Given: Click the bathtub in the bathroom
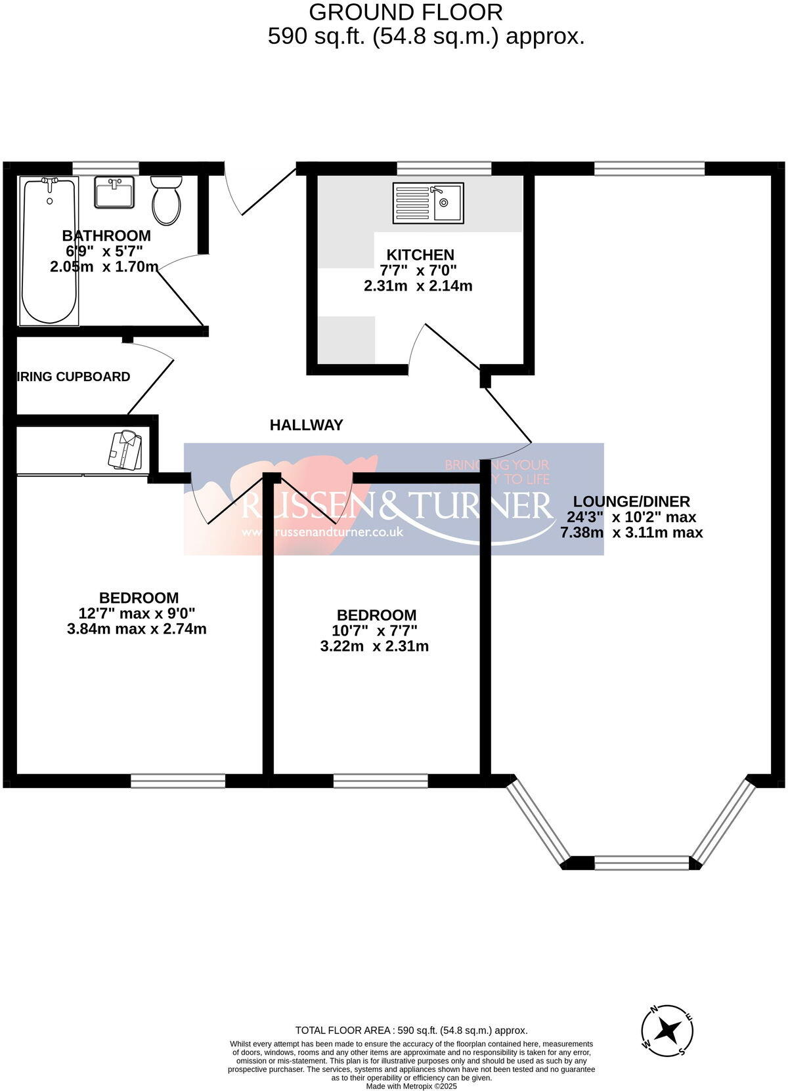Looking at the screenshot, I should pos(50,251).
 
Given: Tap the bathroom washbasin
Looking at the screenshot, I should pos(114,192).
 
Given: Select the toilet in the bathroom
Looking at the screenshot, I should pos(166,200).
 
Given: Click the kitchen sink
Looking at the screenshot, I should pos(428,203).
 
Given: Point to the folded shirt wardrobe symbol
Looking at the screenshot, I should pos(126,450).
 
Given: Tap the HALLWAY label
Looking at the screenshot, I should pos(306,425).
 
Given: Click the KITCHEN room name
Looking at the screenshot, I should pos(420,255).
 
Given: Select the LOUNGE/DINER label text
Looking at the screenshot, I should pos(631,501).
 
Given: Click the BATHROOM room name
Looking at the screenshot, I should pos(106,236).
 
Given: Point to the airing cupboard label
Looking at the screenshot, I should pos(73,377).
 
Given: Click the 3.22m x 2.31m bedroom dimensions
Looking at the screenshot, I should pos(374,646).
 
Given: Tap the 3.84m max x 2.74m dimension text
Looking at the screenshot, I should pos(137,628).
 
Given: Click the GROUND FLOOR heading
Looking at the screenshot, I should pos(406,12).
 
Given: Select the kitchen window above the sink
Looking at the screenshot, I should pos(445,169).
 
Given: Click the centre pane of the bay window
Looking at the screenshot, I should pos(642,863).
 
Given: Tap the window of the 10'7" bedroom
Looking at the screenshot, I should pos(381,780).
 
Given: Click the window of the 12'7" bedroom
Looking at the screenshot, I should pos(178,780).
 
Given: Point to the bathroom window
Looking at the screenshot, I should pos(107,169).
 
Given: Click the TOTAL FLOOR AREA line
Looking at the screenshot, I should pos(411,1031).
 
